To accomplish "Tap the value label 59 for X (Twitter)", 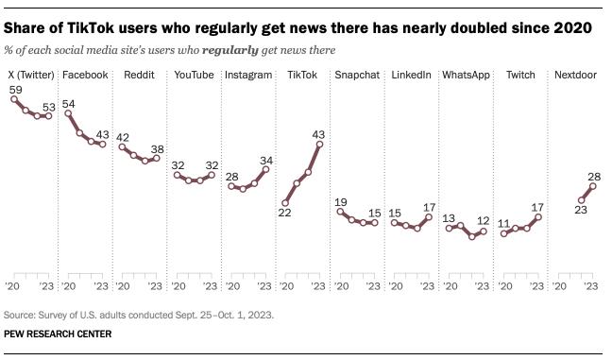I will pos(16,90).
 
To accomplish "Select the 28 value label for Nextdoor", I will pos(594,176).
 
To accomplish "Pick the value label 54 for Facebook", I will pos(68,103).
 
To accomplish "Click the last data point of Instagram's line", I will pos(265,169).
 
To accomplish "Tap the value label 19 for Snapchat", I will pos(341,201).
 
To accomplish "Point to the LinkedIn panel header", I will pos(411,74).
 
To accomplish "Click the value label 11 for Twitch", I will pos(504,224).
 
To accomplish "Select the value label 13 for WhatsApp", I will pos(450,217).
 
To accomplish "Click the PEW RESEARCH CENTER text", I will pos(58,334).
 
